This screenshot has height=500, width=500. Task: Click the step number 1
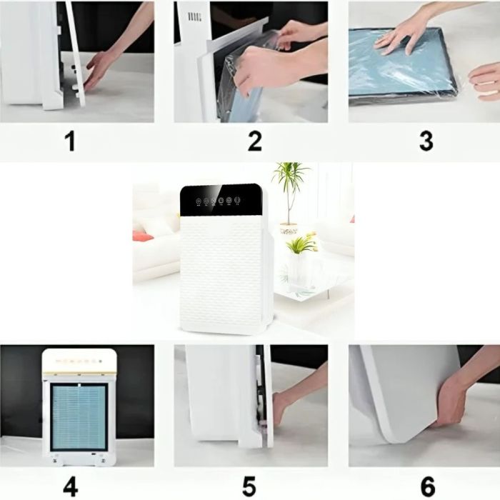coord(71,141)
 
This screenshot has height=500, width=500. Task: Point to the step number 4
coord(71,486)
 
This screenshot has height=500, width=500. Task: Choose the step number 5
coord(249,486)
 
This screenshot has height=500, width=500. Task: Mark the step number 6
coord(428,486)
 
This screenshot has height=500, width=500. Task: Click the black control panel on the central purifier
coord(221,200)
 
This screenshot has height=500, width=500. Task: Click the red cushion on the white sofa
coord(142,236)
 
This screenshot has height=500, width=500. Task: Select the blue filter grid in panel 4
coord(79,416)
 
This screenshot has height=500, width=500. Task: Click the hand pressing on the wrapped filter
coord(402,38)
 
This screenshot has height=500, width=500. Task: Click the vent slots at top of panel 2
coord(194,17)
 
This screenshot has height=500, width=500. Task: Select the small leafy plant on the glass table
coord(301,244)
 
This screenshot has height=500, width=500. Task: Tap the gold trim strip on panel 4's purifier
coord(79,373)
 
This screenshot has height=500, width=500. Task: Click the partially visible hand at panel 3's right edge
coord(486,81)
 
